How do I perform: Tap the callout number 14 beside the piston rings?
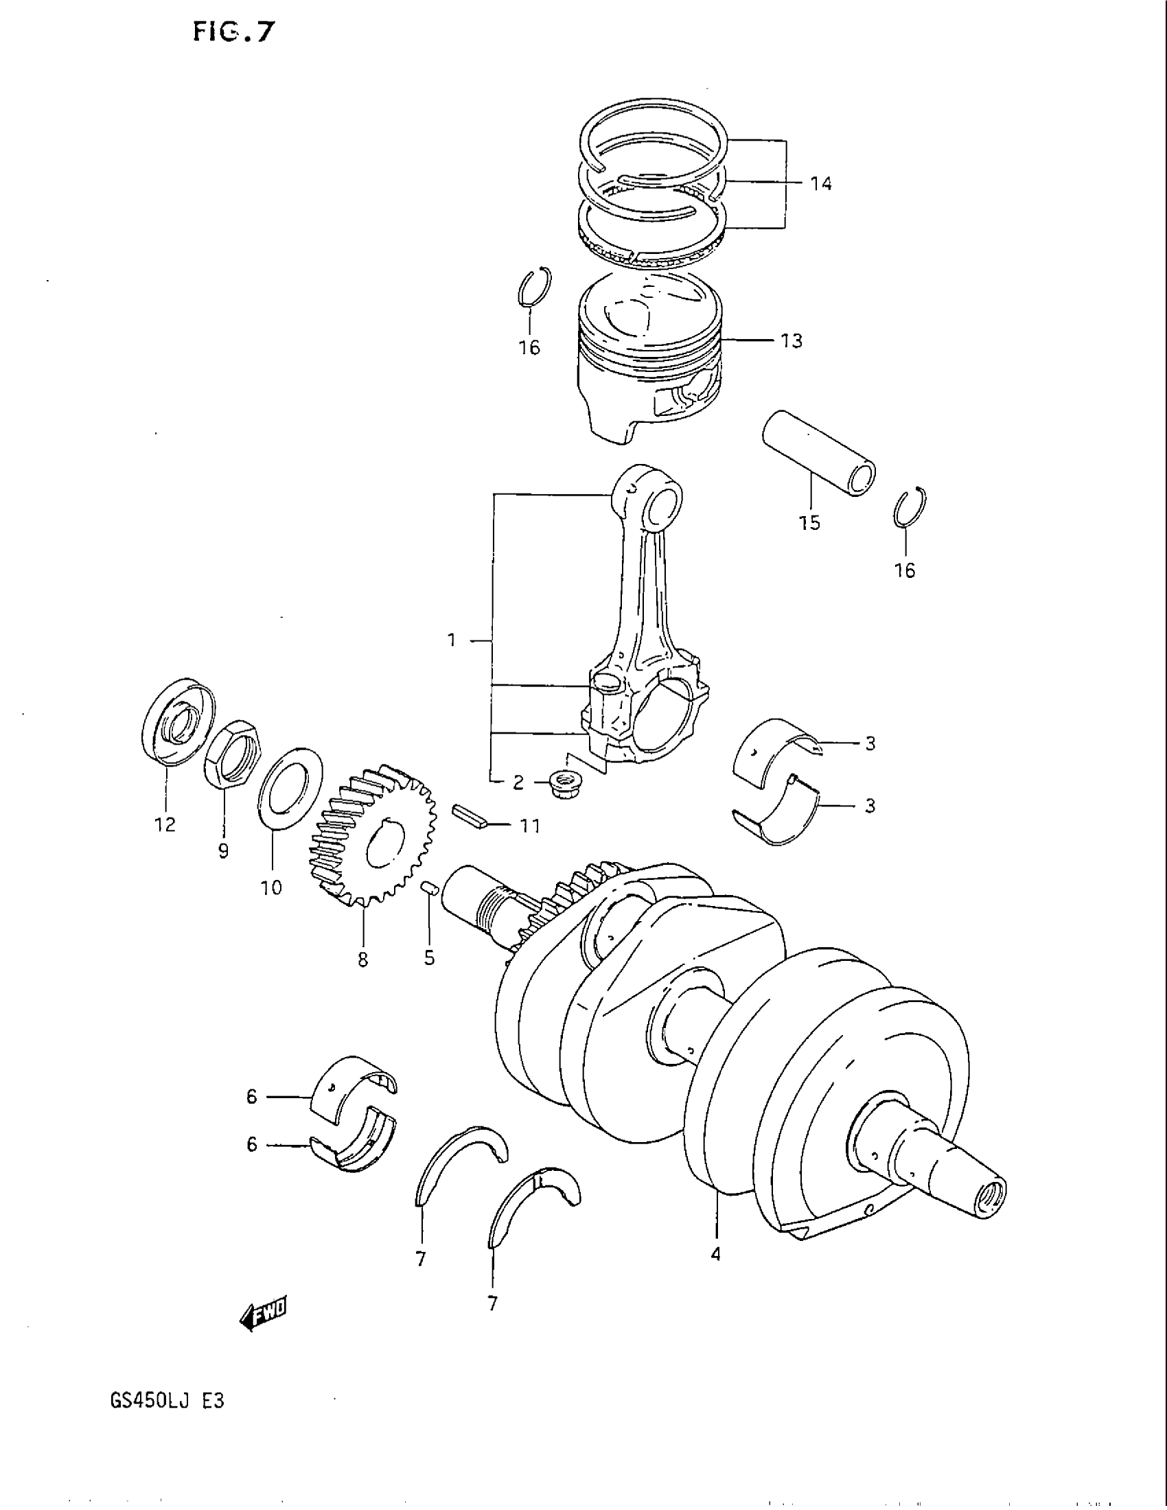[820, 184]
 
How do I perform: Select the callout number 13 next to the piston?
[792, 341]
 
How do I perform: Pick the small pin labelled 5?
[428, 888]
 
